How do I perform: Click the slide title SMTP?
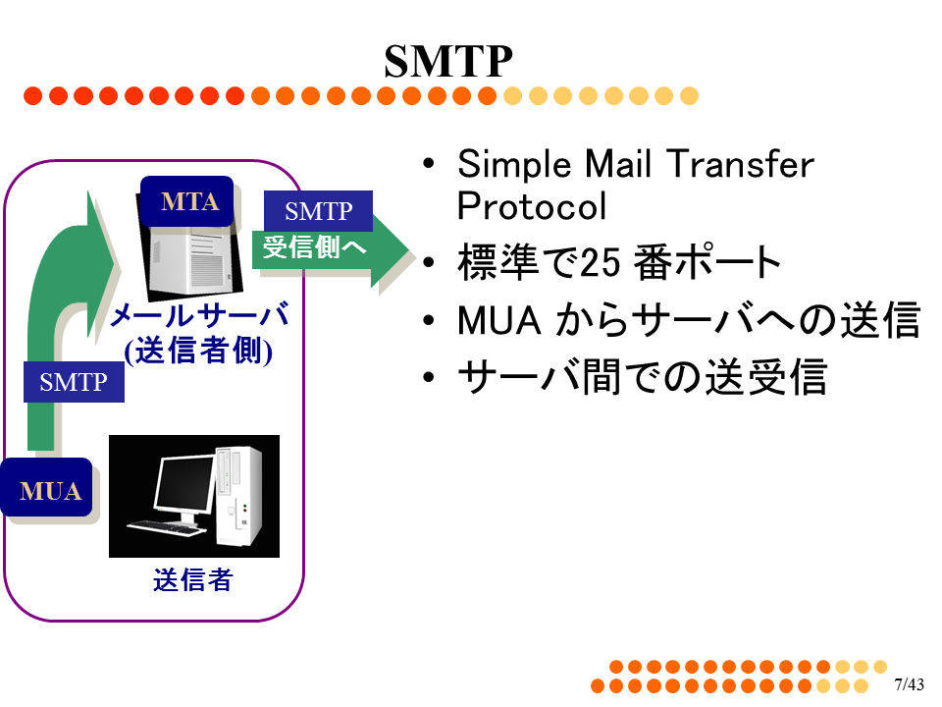448,61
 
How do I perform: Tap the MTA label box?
186,201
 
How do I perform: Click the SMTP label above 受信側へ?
318,211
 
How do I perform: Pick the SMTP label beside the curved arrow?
74,382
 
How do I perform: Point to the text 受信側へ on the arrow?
314,247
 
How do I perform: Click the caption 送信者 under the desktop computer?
192,580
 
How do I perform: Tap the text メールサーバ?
199,315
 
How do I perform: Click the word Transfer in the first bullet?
740,164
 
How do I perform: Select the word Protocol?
532,206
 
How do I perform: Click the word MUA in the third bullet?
499,320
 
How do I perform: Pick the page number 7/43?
909,684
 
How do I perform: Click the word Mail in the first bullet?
617,164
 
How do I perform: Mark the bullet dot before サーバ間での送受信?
429,377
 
